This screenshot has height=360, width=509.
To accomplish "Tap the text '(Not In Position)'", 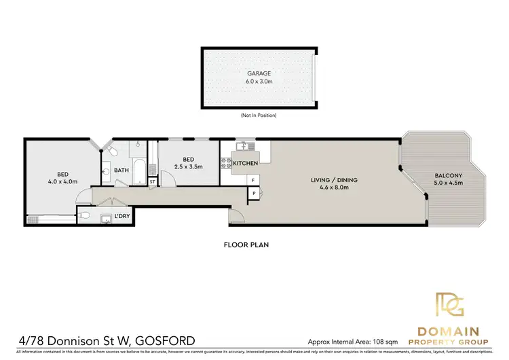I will coord(259,115).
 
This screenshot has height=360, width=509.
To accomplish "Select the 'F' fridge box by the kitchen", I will coord(253,180).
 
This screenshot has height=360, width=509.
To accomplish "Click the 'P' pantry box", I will coord(253,193).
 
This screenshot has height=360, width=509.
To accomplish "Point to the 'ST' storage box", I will coord(152,181).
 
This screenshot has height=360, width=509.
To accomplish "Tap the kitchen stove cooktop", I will coord(225,163).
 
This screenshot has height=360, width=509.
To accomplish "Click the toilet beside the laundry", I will coord(83,216).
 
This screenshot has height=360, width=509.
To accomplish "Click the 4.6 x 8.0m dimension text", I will coord(334,187).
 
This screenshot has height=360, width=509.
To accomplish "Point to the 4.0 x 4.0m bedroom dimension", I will coord(62,181).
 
